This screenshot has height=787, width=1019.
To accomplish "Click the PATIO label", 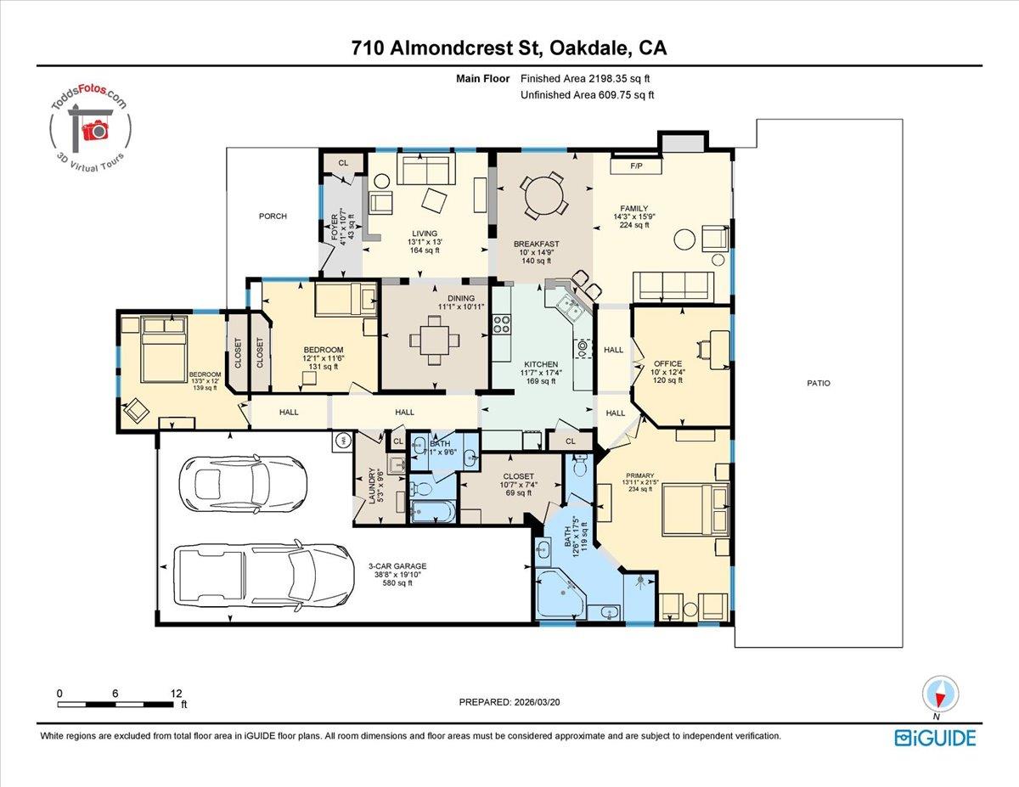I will pos(819,384).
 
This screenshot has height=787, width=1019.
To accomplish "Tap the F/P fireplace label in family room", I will pos(634,166).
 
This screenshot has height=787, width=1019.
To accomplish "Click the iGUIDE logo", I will pos(935,737).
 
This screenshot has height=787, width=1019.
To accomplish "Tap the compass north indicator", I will pos(940,694).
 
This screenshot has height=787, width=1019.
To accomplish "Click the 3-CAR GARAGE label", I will pos(397,566).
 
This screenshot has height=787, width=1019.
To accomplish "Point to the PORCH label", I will pos(273,216).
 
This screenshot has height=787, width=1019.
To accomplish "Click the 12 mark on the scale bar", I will pos(176,694).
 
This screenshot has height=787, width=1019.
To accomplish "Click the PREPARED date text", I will pos(510,702).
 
